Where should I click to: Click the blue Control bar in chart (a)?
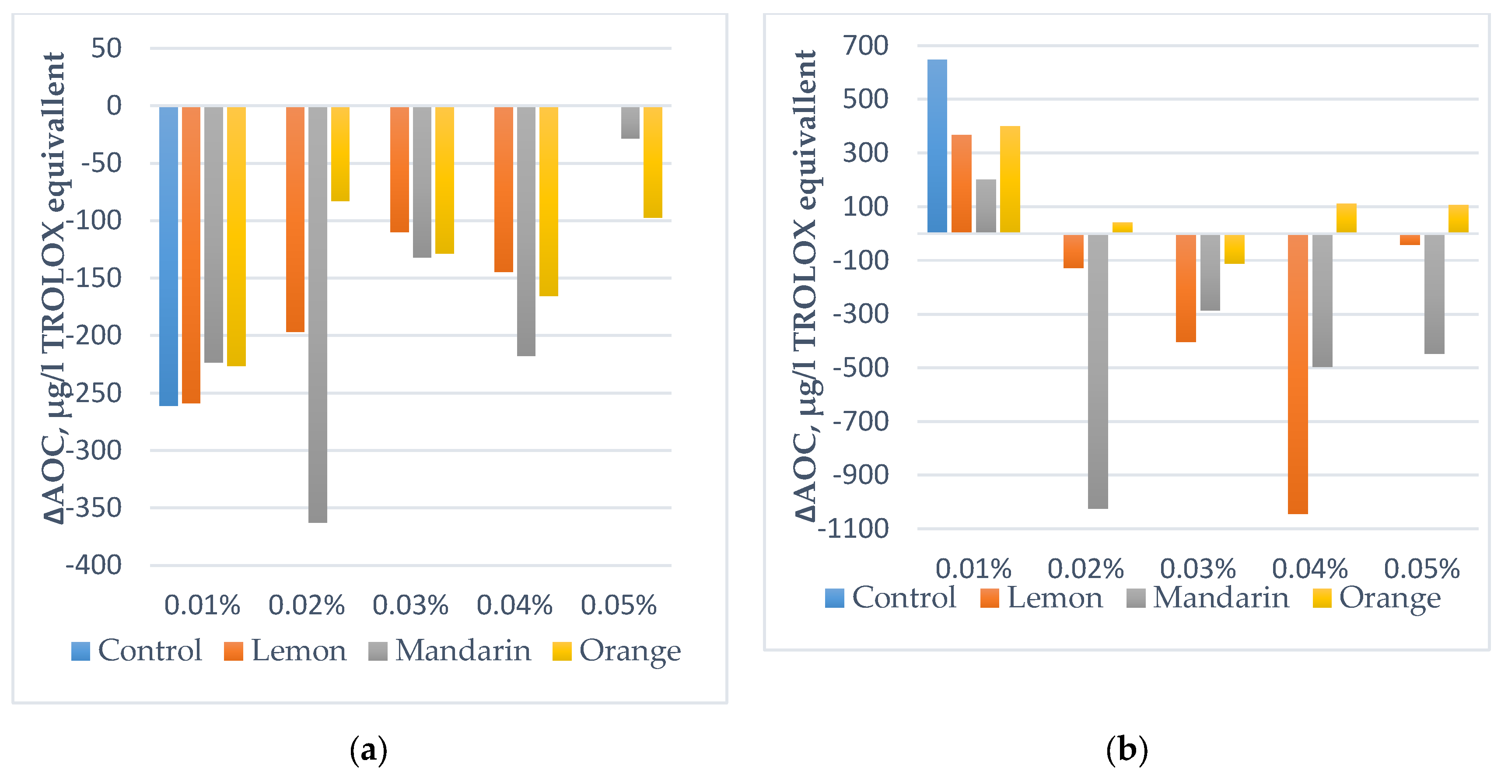(168, 256)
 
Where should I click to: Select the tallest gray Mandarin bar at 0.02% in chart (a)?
(318, 315)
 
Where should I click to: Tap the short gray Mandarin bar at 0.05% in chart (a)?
(630, 123)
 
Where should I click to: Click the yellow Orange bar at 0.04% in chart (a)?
(548, 201)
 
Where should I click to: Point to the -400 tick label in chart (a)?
(93, 565)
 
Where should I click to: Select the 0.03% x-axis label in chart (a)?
(410, 605)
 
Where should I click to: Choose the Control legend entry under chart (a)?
(136, 650)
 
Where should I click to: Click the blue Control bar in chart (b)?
(937, 146)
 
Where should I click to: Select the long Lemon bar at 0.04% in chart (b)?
(1298, 374)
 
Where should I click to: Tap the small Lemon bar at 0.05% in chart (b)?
(1410, 239)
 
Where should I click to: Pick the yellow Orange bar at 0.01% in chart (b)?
(1010, 179)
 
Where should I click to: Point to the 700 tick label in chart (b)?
(865, 46)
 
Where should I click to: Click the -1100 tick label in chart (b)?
(853, 529)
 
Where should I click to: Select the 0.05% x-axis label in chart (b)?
(1422, 568)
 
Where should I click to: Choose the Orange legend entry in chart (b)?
(1376, 598)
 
